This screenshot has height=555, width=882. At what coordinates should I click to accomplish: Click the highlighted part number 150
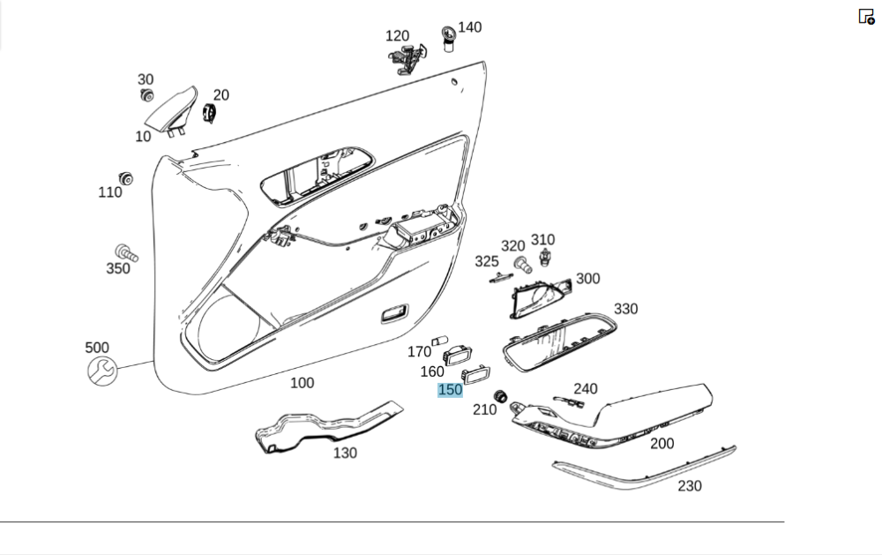[x=450, y=390]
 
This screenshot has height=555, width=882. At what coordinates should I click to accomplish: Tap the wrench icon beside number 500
[x=101, y=370]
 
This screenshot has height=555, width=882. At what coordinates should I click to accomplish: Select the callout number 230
[x=689, y=486]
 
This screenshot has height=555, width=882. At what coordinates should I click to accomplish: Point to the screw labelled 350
[x=124, y=253]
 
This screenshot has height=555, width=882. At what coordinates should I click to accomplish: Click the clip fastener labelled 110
[x=127, y=179]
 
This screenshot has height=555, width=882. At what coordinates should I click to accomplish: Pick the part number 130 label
[x=345, y=453]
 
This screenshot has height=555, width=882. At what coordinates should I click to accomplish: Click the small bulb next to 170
[x=441, y=341]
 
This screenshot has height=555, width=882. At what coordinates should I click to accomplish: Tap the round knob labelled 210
[x=501, y=395]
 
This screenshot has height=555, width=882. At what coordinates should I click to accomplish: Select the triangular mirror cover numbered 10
[x=172, y=109]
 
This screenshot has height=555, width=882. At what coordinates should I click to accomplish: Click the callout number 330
[x=625, y=309]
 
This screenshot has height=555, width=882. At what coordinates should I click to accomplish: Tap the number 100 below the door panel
[x=302, y=383]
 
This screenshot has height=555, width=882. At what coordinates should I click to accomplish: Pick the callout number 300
[x=587, y=279]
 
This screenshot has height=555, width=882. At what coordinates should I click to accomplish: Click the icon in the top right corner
[x=866, y=16]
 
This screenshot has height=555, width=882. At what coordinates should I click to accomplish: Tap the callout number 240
[x=585, y=388]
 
